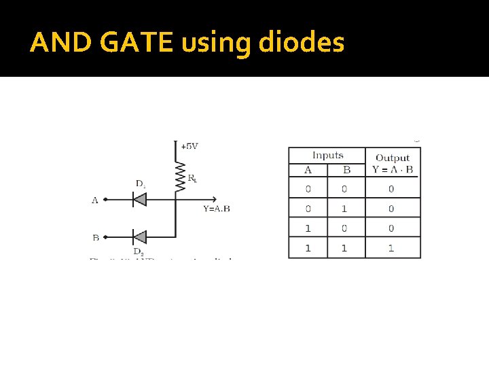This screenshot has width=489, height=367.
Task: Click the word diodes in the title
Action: tap(302, 43)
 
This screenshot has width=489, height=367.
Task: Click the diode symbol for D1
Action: tap(139, 200)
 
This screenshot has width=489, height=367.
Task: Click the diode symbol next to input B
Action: tap(139, 237)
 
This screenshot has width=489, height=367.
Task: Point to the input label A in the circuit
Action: tap(94, 200)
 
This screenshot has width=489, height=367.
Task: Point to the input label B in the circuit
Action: tap(95, 238)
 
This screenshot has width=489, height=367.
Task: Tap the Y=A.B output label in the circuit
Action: tap(216, 208)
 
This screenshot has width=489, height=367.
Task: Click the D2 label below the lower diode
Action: tap(138, 251)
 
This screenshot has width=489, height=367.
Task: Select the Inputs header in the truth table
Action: tap(327, 156)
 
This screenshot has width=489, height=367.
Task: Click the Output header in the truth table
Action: tap(393, 158)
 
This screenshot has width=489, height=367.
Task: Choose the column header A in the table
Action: tap(308, 170)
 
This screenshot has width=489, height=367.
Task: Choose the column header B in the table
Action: tap(346, 170)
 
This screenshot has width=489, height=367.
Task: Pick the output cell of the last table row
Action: tap(391, 248)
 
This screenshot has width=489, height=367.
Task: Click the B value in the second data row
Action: tap(344, 209)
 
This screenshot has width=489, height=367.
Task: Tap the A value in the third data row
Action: tap(308, 228)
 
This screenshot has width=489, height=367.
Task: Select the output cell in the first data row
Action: tap(391, 189)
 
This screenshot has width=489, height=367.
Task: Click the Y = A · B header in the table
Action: tap(393, 170)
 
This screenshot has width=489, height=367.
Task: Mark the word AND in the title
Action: tap(59, 43)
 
